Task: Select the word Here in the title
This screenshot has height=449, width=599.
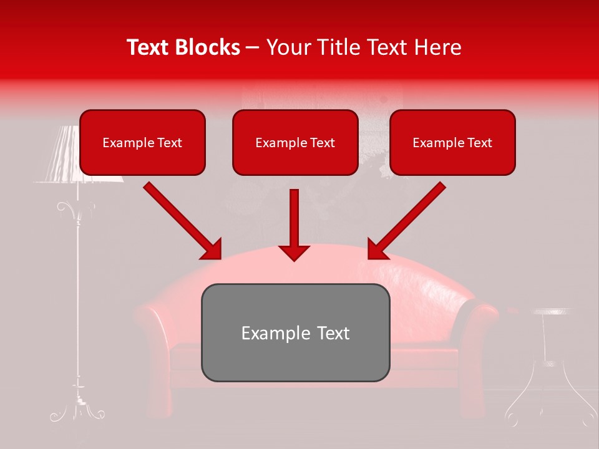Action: (439, 47)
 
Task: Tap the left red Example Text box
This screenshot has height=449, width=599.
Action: (142, 142)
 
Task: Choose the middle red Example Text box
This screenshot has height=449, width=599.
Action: (295, 142)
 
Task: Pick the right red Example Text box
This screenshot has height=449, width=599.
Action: (452, 142)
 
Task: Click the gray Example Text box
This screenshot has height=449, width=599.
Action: (295, 332)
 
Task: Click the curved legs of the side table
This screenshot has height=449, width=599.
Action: (549, 399)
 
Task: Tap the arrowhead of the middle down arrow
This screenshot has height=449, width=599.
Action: (294, 252)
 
